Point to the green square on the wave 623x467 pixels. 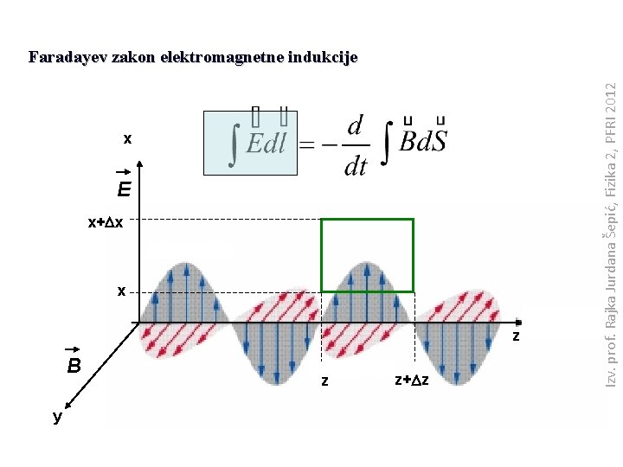[367, 255]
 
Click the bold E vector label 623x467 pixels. [125, 189]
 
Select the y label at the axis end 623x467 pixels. [57, 417]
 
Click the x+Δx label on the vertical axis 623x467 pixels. [106, 222]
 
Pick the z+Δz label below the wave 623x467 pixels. [412, 380]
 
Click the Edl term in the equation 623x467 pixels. [266, 144]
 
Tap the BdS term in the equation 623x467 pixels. [424, 143]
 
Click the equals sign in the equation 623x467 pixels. [308, 145]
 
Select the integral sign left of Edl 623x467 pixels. [233, 144]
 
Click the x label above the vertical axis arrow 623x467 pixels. [127, 138]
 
